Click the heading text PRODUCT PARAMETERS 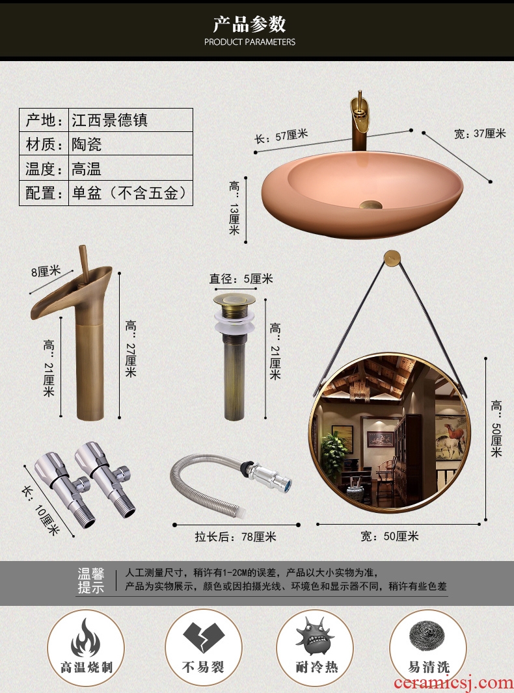(249, 42)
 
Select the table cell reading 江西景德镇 (131, 120)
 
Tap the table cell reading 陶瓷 (131, 144)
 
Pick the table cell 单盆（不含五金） (131, 193)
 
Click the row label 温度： (44, 168)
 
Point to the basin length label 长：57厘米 (281, 136)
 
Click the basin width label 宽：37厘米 (480, 133)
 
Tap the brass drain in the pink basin (371, 205)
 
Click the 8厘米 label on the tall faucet (45, 271)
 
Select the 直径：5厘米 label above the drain (241, 279)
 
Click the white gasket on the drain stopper (234, 322)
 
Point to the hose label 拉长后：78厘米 (236, 536)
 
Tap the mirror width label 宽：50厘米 (389, 536)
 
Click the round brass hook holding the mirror (392, 257)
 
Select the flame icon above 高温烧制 (86, 637)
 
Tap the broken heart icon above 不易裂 (204, 637)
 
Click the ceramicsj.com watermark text (452, 683)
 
